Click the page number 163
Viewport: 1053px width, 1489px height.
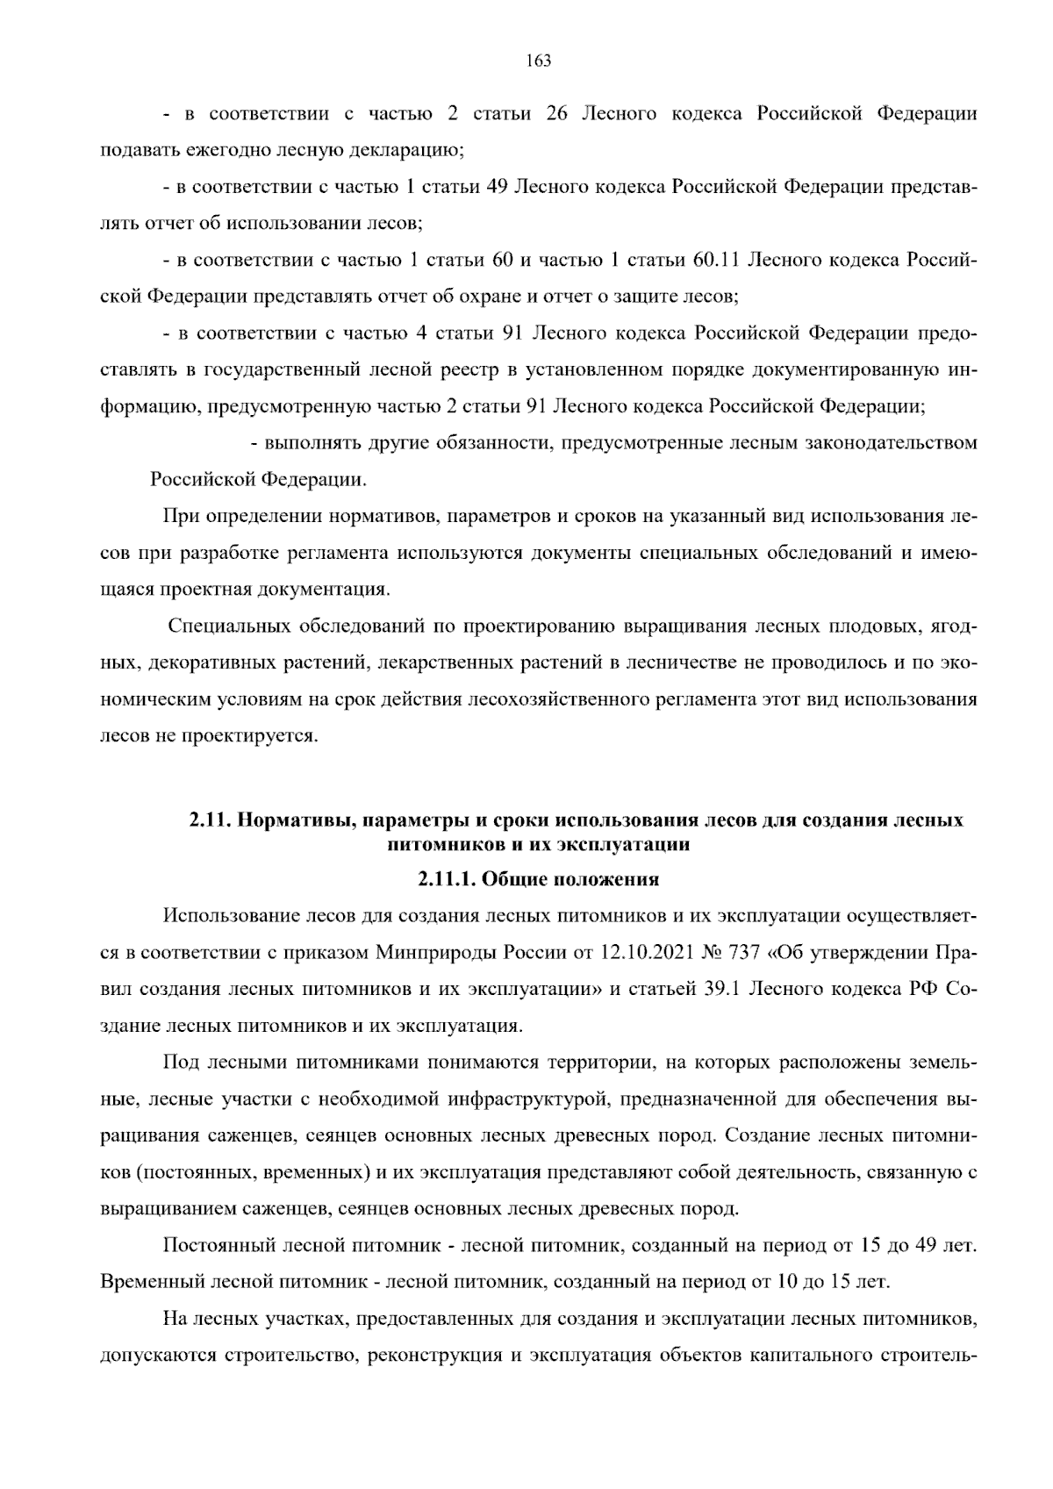pos(538,61)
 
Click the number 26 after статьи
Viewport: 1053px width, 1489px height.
pos(557,114)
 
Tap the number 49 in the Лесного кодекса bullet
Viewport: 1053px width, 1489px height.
pos(498,187)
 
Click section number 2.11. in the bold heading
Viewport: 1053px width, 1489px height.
pos(209,821)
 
